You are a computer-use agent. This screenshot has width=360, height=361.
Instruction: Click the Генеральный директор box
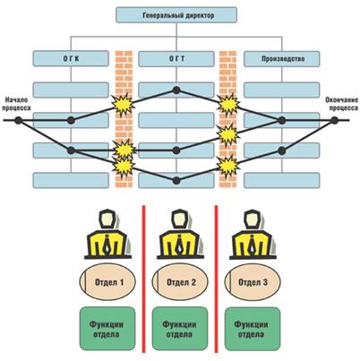click(x=176, y=15)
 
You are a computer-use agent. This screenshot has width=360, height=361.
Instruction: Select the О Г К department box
click(x=71, y=58)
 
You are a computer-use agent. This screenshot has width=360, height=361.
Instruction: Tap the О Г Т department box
click(x=176, y=58)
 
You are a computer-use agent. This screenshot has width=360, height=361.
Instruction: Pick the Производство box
click(x=282, y=58)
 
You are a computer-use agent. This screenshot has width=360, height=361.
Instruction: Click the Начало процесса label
click(x=15, y=104)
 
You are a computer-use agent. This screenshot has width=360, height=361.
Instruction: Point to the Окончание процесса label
click(x=342, y=104)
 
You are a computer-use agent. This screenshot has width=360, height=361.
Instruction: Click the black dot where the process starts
click(x=19, y=120)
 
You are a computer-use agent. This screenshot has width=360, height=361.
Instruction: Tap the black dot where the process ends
click(x=334, y=120)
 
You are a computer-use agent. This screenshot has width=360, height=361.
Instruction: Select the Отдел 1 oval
click(x=107, y=281)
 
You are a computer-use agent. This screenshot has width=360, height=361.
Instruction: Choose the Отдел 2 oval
click(x=180, y=281)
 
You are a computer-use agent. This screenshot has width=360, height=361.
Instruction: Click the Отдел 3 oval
click(x=253, y=281)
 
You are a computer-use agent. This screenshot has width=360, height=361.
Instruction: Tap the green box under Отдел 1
click(x=107, y=329)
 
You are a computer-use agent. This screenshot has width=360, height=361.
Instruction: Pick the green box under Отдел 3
click(x=253, y=329)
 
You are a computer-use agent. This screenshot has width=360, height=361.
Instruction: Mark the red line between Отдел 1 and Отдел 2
click(x=143, y=279)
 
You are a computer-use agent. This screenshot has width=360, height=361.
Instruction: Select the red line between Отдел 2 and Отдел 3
click(x=216, y=279)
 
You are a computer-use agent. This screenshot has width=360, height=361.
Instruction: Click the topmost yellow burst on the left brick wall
click(x=123, y=104)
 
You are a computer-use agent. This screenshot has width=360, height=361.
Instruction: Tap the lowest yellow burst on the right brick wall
click(x=228, y=166)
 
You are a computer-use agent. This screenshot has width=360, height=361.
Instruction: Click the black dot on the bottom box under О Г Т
click(x=176, y=180)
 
